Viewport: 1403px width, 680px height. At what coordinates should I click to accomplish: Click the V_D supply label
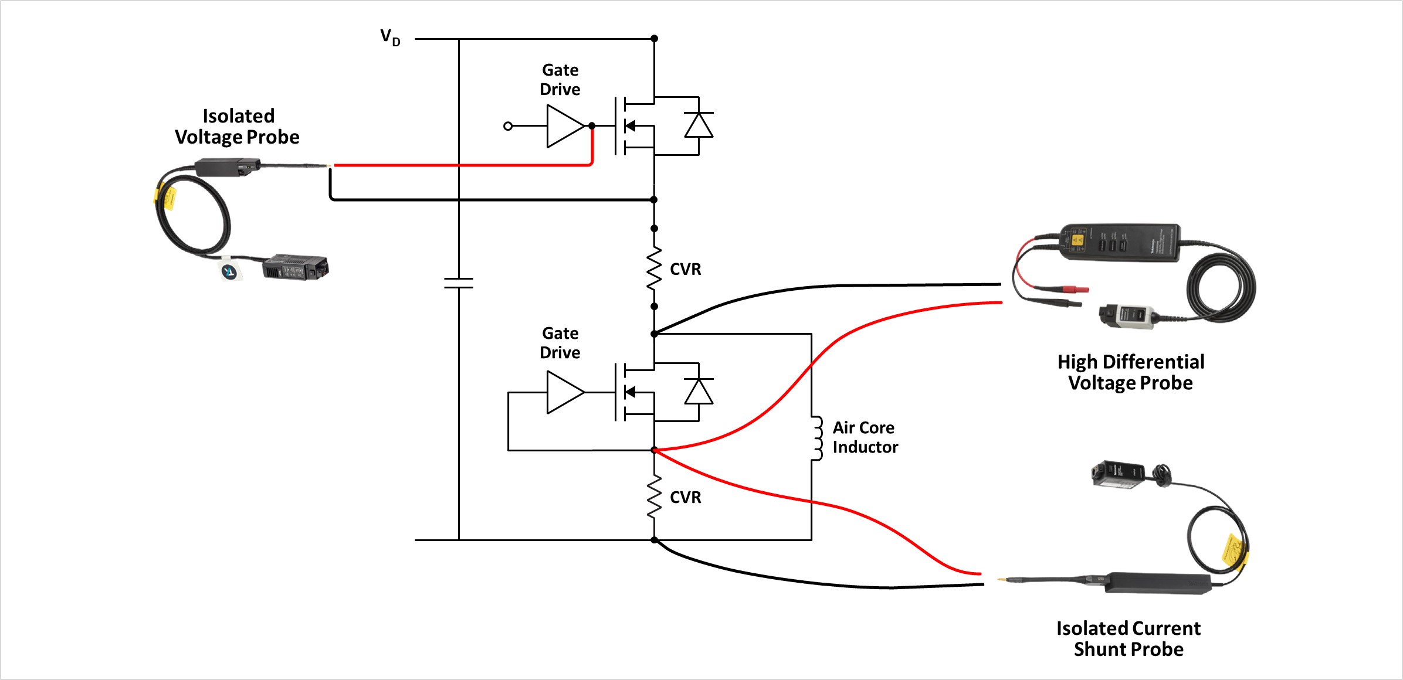pyautogui.click(x=390, y=38)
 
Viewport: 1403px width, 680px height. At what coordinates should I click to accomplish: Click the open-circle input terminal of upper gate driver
pyautogui.click(x=508, y=126)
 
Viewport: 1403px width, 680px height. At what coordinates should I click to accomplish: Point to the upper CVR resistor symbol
pyautogui.click(x=654, y=269)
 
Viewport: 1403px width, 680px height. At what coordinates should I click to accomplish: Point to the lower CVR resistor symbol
pyautogui.click(x=654, y=497)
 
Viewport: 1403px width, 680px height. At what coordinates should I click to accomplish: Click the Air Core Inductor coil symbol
pyautogui.click(x=816, y=438)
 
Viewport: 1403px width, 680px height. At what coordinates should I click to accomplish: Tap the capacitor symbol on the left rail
pyautogui.click(x=459, y=283)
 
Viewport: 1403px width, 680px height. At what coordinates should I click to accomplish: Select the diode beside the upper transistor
pyautogui.click(x=699, y=125)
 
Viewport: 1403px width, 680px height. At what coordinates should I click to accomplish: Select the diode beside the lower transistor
pyautogui.click(x=699, y=392)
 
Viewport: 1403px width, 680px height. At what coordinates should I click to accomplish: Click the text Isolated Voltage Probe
pyautogui.click(x=238, y=127)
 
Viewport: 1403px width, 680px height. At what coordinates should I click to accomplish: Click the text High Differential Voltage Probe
pyautogui.click(x=1130, y=372)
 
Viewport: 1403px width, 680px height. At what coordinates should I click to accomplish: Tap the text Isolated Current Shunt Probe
pyautogui.click(x=1128, y=639)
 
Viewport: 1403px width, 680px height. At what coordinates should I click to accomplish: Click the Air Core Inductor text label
pyautogui.click(x=865, y=437)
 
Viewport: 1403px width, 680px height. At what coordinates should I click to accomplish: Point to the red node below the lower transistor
pyautogui.click(x=654, y=450)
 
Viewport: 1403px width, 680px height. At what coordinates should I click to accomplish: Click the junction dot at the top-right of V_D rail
pyautogui.click(x=654, y=39)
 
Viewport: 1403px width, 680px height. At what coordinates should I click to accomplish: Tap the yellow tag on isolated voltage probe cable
pyautogui.click(x=168, y=198)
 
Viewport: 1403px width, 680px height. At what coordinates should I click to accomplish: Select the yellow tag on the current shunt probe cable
pyautogui.click(x=1233, y=550)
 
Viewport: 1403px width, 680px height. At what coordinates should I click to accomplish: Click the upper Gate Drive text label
pyautogui.click(x=560, y=80)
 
